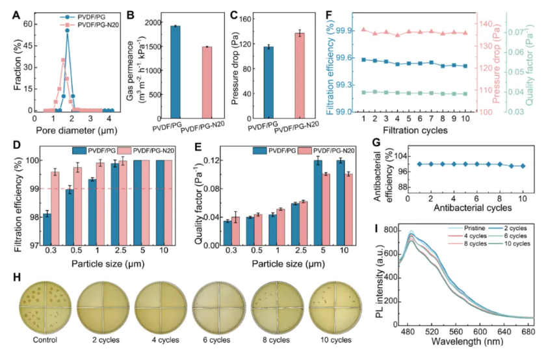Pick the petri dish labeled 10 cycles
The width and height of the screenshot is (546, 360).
click(x=334, y=307)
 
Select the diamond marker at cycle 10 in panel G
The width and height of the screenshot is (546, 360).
click(x=523, y=166)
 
